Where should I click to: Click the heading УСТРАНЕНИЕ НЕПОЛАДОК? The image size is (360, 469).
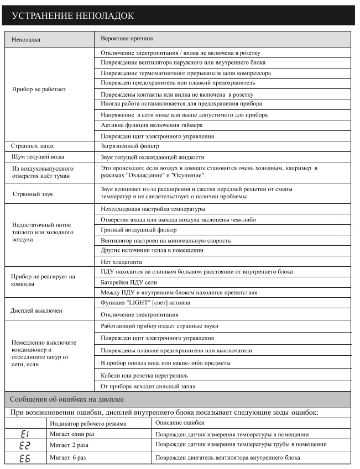point(72,15)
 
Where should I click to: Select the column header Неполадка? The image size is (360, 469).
point(26,40)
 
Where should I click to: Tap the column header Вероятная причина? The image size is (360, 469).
point(127,39)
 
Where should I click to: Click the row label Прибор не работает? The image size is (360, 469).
point(39,89)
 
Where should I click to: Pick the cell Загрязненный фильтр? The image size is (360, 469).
point(129,146)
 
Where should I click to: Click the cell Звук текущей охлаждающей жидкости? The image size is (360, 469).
point(152,157)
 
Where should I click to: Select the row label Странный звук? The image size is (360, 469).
point(33,194)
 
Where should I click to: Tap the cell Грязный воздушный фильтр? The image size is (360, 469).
point(138,230)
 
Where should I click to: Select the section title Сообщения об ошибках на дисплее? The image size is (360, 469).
point(67,399)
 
